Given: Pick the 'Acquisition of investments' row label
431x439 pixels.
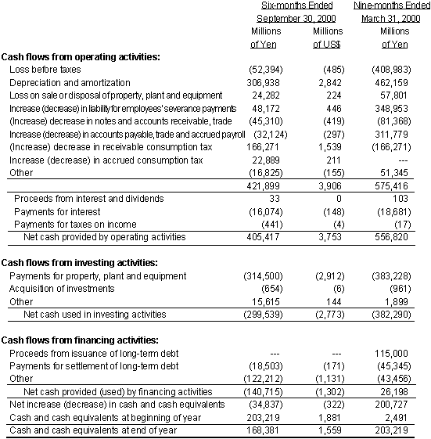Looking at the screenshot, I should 59,289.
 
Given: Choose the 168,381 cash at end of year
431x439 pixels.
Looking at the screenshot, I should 252,430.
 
